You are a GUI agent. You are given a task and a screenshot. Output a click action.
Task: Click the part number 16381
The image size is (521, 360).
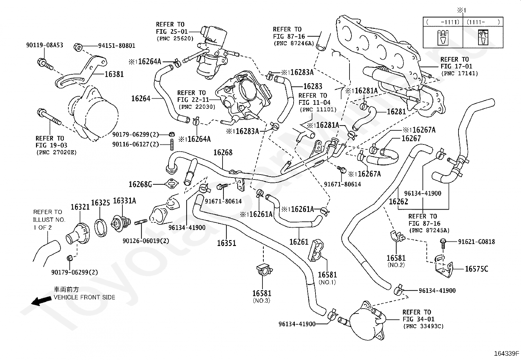click(x=114, y=74)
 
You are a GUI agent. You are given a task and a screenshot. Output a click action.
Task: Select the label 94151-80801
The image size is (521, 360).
click(x=117, y=46)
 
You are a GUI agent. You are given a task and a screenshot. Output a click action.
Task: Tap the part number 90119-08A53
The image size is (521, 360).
click(x=45, y=45)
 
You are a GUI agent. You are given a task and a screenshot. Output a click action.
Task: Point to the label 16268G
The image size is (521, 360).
click(x=140, y=184)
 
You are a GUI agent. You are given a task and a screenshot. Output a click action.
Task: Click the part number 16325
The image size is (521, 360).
click(x=100, y=203)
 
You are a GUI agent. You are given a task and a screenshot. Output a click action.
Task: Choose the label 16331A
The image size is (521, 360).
click(x=124, y=201)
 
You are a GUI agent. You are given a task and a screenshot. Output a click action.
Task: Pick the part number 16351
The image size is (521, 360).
click(x=226, y=243)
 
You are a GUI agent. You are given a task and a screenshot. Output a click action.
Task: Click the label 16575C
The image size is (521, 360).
click(x=476, y=269)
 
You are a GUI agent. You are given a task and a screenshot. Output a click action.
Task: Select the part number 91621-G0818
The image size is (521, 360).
click(x=476, y=242)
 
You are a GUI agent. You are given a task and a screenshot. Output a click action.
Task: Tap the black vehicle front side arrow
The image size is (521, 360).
click(x=42, y=301)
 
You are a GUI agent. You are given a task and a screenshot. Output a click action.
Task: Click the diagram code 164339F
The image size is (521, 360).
click(x=507, y=353)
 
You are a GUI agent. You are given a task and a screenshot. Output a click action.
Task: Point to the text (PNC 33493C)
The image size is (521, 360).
click(x=423, y=326)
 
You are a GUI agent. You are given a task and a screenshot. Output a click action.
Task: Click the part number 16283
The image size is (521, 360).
click(x=313, y=86)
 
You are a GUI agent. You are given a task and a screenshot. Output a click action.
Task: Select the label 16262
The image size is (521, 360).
click(x=398, y=202)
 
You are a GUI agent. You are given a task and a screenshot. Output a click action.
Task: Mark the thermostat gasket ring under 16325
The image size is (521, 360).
click(x=101, y=228)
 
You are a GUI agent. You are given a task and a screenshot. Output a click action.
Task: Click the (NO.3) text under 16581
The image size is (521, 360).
click(x=262, y=301)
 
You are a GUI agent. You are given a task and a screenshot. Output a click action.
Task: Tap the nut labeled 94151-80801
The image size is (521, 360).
click(x=78, y=47)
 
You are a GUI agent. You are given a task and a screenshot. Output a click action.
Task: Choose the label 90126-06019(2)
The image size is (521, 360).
click(x=146, y=241)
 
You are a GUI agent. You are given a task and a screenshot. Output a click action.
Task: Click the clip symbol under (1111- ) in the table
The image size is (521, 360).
click(x=483, y=37)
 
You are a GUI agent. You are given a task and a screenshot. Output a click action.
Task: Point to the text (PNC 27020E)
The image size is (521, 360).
click(x=57, y=153)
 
